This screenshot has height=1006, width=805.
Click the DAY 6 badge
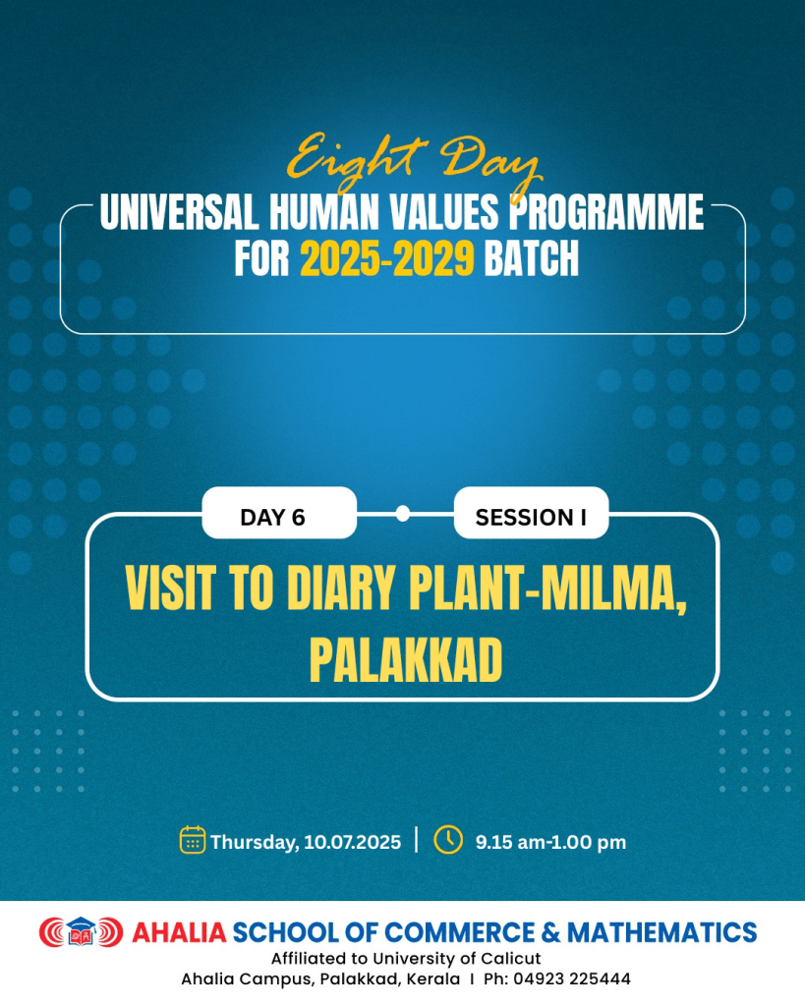279,513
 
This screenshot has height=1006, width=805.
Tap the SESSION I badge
531,513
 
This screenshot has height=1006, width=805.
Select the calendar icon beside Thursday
193,840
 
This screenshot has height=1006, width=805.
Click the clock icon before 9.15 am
448,839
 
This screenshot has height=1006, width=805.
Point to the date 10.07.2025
353,842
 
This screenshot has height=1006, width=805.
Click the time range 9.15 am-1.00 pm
550,842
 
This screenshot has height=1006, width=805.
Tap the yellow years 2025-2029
387,259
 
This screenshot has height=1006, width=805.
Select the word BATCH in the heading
532,259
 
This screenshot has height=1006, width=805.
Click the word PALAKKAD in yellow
406,661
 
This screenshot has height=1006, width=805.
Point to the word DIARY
340,587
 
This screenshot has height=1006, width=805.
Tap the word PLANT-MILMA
548,589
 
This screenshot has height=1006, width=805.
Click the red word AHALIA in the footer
179,932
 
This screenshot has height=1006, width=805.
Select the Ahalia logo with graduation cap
81,931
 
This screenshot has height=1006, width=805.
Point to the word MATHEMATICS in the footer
661,932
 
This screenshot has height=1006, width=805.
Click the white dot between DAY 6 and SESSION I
403,513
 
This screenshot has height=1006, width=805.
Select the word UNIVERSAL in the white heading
179,212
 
